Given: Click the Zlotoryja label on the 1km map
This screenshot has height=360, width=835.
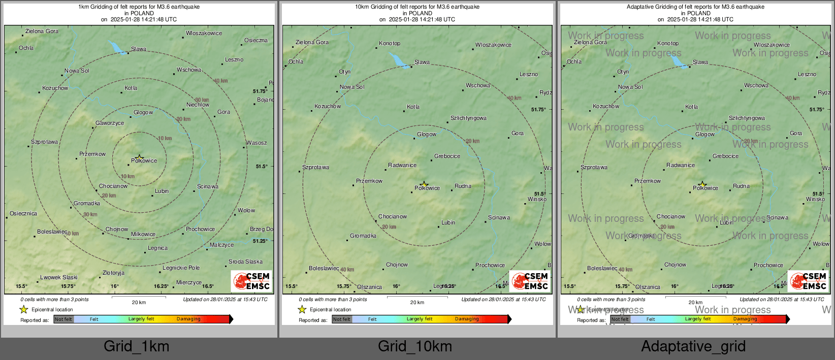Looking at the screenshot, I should (113, 273).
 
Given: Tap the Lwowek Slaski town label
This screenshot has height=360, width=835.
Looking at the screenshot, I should (59, 277).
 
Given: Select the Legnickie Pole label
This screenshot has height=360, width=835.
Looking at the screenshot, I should (181, 268).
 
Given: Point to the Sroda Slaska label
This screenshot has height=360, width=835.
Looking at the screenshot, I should (245, 261).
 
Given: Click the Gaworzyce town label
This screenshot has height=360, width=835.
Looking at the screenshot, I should (110, 123).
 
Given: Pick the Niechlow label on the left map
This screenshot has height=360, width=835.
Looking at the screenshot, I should (198, 105).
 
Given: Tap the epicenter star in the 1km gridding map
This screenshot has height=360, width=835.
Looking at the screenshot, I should (140, 158).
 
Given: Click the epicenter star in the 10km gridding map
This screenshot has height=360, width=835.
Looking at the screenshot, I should (424, 184).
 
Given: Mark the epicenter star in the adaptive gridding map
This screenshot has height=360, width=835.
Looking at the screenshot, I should (702, 184).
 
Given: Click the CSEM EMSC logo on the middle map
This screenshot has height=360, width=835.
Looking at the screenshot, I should (530, 281).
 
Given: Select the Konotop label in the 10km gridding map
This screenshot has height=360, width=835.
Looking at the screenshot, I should (390, 43).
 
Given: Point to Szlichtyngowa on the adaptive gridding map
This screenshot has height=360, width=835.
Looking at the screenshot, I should (747, 118).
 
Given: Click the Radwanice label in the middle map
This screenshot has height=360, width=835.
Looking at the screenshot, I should (402, 165).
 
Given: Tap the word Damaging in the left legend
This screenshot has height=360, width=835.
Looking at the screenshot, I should (188, 319).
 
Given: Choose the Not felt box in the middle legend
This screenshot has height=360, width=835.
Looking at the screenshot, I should (342, 319).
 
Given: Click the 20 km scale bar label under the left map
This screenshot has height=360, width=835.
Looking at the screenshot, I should (139, 302).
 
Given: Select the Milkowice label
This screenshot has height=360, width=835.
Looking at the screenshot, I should (143, 234).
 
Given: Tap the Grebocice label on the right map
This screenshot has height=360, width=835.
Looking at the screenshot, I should (725, 156).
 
